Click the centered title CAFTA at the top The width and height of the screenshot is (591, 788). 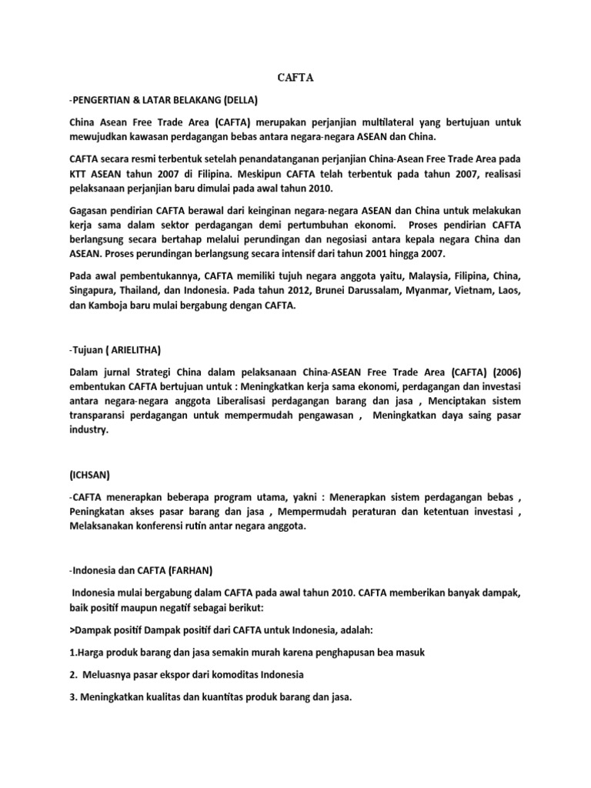295,78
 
